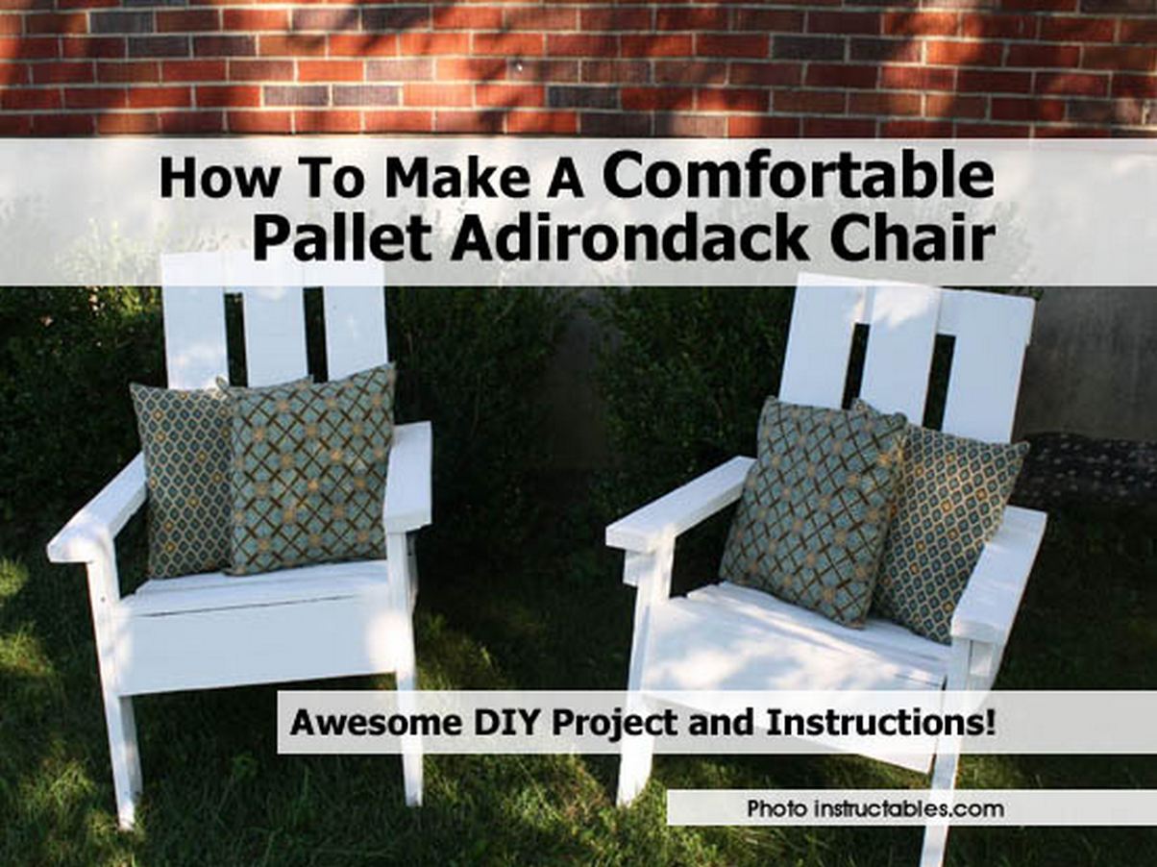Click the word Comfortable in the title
[x=798, y=177]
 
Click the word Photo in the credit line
[x=776, y=808]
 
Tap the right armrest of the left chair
[x=407, y=476]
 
